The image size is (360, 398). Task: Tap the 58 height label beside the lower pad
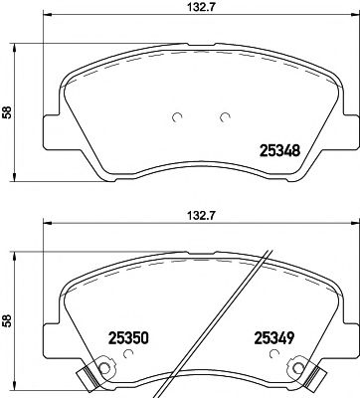pos(7,321)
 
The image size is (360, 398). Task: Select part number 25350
pos(105,337)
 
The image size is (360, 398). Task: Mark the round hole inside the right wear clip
pos(295,374)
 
